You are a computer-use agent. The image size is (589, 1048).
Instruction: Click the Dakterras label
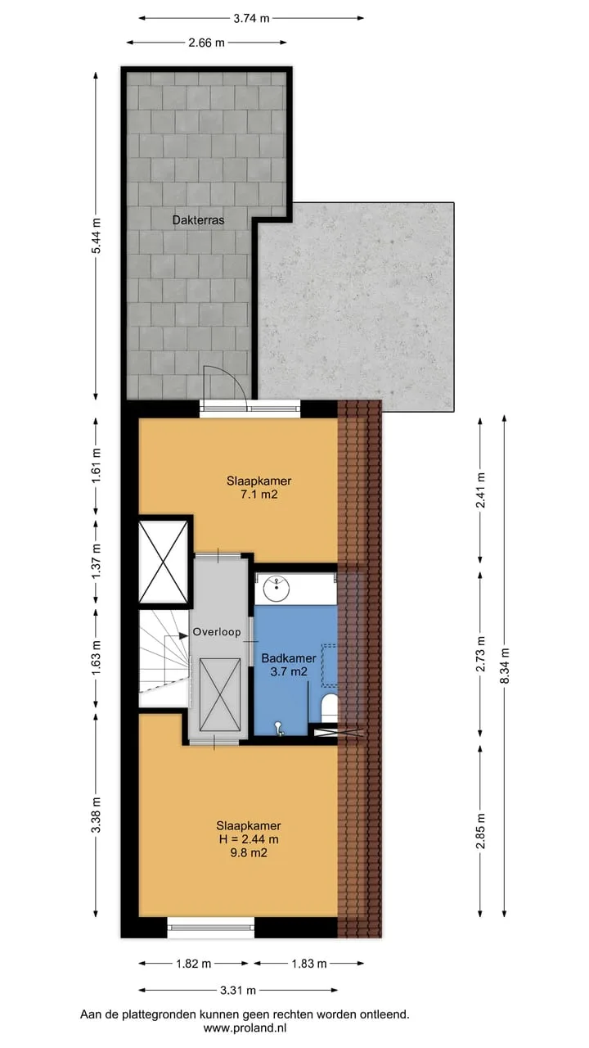pos(198,220)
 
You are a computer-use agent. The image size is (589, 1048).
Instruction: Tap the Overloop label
pos(217,632)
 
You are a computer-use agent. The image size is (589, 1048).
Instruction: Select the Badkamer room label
pos(289,658)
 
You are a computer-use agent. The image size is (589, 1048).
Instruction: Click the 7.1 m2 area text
pos(259,495)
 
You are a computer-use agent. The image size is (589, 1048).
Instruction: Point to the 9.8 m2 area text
pos(248,853)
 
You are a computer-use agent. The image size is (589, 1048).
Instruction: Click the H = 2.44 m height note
pos(248,839)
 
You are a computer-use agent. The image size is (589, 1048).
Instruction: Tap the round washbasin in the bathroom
pos(277,589)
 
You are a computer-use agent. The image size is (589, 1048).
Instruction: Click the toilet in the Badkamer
pos(330,707)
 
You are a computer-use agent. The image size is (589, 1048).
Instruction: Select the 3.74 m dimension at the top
pos(251,18)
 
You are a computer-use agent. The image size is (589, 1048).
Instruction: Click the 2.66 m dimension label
pos(206,43)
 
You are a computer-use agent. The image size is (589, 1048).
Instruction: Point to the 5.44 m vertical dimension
pos(97,236)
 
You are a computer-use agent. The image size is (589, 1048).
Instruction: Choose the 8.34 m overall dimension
pos(504,666)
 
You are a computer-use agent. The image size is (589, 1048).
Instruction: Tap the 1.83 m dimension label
pos(309,964)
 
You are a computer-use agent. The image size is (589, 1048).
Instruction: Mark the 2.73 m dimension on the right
pos(480,653)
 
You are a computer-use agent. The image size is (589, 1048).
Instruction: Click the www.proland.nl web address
pos(245,1028)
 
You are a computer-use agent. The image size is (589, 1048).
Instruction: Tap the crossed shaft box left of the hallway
pos(164,562)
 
